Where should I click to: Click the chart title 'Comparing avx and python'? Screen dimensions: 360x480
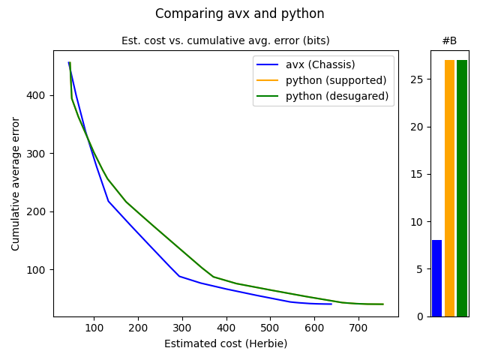pyautogui.click(x=240, y=13)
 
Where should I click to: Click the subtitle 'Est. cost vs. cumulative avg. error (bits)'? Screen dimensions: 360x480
pyautogui.click(x=226, y=40)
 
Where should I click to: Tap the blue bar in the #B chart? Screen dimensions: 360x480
pyautogui.click(x=437, y=278)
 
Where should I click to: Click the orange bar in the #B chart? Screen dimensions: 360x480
pyautogui.click(x=449, y=188)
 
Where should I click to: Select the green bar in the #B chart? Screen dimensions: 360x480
pyautogui.click(x=462, y=188)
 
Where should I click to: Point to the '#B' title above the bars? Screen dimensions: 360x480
pyautogui.click(x=449, y=40)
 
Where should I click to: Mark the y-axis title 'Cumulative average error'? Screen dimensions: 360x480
pyautogui.click(x=16, y=184)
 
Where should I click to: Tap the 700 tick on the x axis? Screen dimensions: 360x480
pyautogui.click(x=358, y=328)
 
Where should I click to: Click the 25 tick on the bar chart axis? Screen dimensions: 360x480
pyautogui.click(x=418, y=79)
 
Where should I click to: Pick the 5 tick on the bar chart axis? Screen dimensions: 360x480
pyautogui.click(x=421, y=269)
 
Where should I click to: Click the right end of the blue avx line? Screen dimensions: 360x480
pyautogui.click(x=331, y=304)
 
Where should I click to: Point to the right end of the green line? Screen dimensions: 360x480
pyautogui.click(x=383, y=304)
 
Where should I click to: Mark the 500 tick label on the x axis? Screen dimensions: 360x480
pyautogui.click(x=270, y=328)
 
